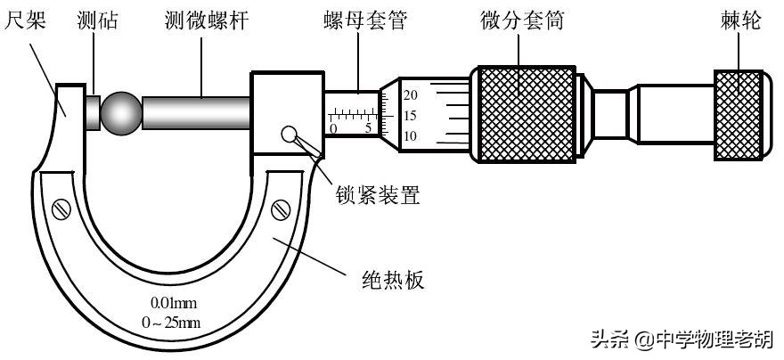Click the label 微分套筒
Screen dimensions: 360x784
531,20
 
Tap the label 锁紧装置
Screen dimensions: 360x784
377,193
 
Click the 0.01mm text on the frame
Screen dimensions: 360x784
175,301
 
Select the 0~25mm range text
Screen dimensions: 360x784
176,321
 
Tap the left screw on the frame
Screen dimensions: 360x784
61,209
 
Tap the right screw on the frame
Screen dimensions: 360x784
282,210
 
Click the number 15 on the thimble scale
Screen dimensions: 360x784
411,116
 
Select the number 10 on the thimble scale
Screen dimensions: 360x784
411,136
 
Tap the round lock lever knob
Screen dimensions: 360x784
289,135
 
